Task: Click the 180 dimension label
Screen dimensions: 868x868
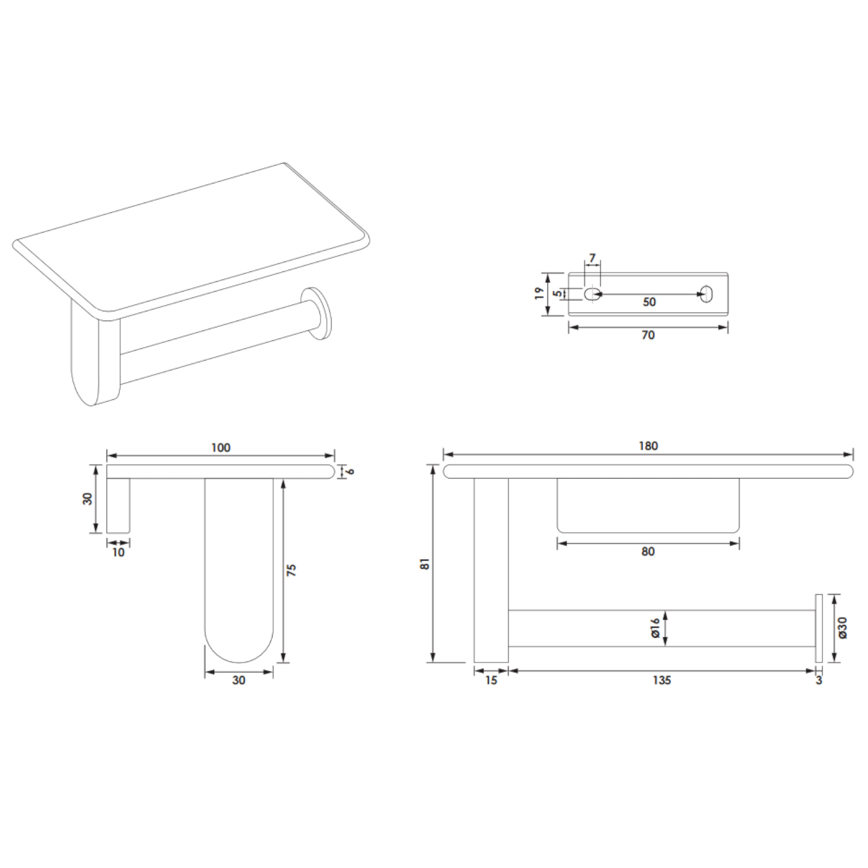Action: pyautogui.click(x=648, y=446)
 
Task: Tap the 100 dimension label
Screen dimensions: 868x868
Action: pyautogui.click(x=220, y=447)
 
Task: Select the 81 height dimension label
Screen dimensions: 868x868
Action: pyautogui.click(x=425, y=564)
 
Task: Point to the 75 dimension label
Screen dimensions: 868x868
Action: pyautogui.click(x=291, y=569)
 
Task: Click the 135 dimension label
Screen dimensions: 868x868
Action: pyautogui.click(x=661, y=681)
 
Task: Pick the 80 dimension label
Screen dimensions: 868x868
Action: pyautogui.click(x=648, y=551)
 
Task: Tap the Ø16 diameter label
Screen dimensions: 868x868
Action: pyautogui.click(x=655, y=628)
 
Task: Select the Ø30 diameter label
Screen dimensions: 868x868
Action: pyautogui.click(x=842, y=628)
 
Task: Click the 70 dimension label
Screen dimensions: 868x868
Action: pyautogui.click(x=648, y=335)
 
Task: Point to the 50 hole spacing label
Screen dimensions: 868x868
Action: pyautogui.click(x=649, y=302)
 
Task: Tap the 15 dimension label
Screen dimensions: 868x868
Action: pyautogui.click(x=491, y=681)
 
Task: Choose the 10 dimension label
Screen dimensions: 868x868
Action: pyautogui.click(x=118, y=553)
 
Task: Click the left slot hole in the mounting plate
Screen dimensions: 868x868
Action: pyautogui.click(x=591, y=293)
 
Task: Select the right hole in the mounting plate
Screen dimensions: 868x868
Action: pyautogui.click(x=707, y=293)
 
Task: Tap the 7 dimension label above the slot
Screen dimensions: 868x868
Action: pyautogui.click(x=592, y=258)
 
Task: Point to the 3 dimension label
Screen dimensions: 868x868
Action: pyautogui.click(x=819, y=681)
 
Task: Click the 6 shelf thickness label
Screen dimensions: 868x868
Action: pyautogui.click(x=350, y=471)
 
